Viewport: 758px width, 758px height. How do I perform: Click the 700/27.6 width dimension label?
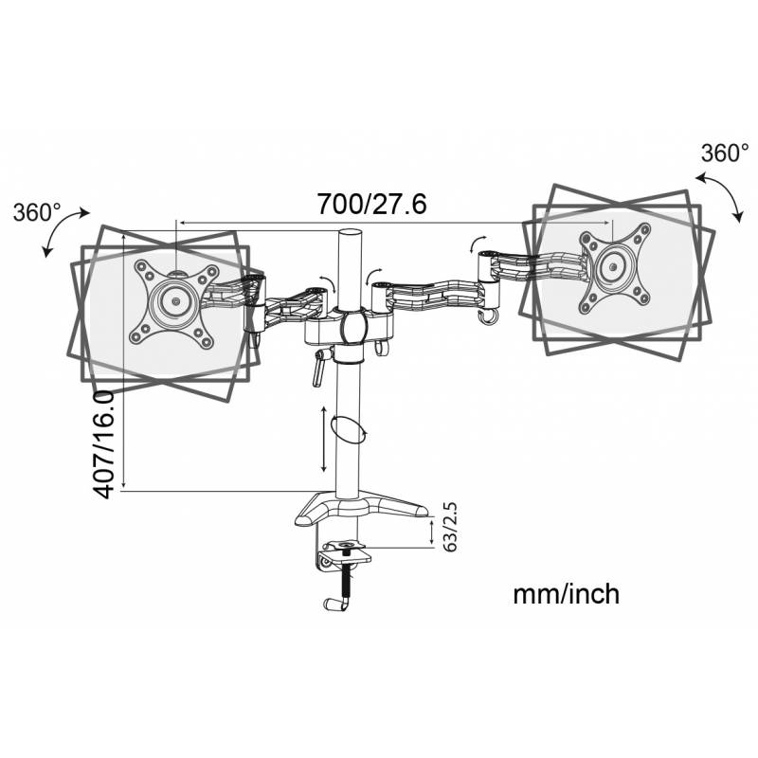[x=371, y=204]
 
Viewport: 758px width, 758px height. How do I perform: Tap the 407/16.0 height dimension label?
[x=104, y=444]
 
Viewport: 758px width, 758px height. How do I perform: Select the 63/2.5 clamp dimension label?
[x=449, y=527]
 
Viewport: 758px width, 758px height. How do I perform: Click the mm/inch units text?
[x=566, y=594]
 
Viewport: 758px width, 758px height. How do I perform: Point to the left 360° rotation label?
[x=37, y=212]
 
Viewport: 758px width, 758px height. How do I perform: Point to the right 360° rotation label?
[x=725, y=153]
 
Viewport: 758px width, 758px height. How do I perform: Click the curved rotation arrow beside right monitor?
[x=720, y=197]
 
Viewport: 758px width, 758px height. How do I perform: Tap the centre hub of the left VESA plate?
[x=175, y=300]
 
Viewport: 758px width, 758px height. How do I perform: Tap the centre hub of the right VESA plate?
[x=613, y=266]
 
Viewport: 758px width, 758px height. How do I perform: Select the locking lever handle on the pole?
[x=319, y=368]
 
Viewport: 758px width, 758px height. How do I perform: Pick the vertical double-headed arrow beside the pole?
[x=324, y=440]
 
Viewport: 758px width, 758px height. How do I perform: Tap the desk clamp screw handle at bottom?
[x=337, y=604]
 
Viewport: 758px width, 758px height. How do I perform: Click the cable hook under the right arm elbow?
[x=488, y=316]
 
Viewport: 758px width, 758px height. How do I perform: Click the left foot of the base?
[x=309, y=516]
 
